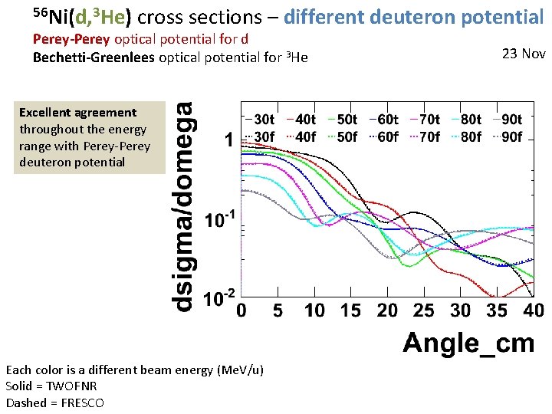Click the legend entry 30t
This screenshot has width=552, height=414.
(x=261, y=119)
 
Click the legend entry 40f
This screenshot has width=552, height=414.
(x=302, y=137)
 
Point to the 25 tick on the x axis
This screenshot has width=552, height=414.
(x=423, y=310)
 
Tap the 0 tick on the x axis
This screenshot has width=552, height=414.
(x=242, y=310)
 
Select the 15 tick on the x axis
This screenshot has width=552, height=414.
(x=350, y=310)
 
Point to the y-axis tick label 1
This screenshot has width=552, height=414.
(x=228, y=140)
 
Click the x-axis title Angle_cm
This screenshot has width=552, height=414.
(x=468, y=342)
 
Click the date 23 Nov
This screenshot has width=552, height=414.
(x=524, y=54)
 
